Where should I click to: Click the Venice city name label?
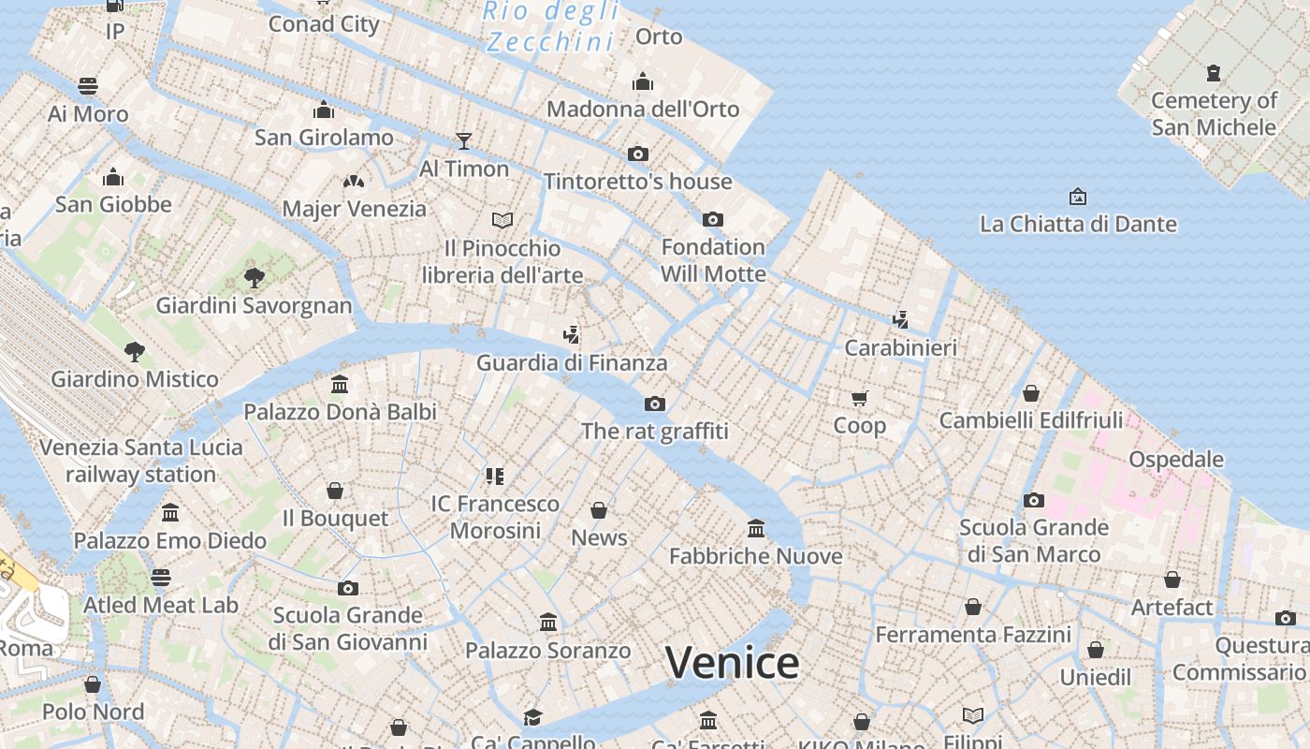tap(732, 663)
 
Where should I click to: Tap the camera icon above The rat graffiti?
tap(655, 404)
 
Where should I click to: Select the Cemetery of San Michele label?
tap(1214, 113)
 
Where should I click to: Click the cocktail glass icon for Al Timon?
tap(464, 141)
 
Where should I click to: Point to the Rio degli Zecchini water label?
tap(551, 26)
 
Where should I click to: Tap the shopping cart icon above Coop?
tap(860, 398)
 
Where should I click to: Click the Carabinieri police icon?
tap(900, 320)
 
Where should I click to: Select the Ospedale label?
tap(1176, 459)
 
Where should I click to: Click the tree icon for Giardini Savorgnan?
tap(254, 277)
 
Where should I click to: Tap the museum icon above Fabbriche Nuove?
tap(756, 529)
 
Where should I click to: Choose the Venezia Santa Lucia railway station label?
tap(140, 461)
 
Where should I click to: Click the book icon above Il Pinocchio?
tap(502, 220)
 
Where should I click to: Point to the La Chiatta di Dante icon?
tap(1077, 197)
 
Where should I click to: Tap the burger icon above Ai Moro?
tap(88, 86)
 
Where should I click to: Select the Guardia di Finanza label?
tap(572, 362)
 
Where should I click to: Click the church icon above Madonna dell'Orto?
tap(642, 81)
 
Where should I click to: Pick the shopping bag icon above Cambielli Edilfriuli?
tap(1030, 393)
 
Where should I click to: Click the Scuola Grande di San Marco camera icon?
tap(1034, 500)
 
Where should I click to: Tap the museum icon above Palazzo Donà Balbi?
tap(340, 385)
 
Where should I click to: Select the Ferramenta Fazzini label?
tap(973, 635)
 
